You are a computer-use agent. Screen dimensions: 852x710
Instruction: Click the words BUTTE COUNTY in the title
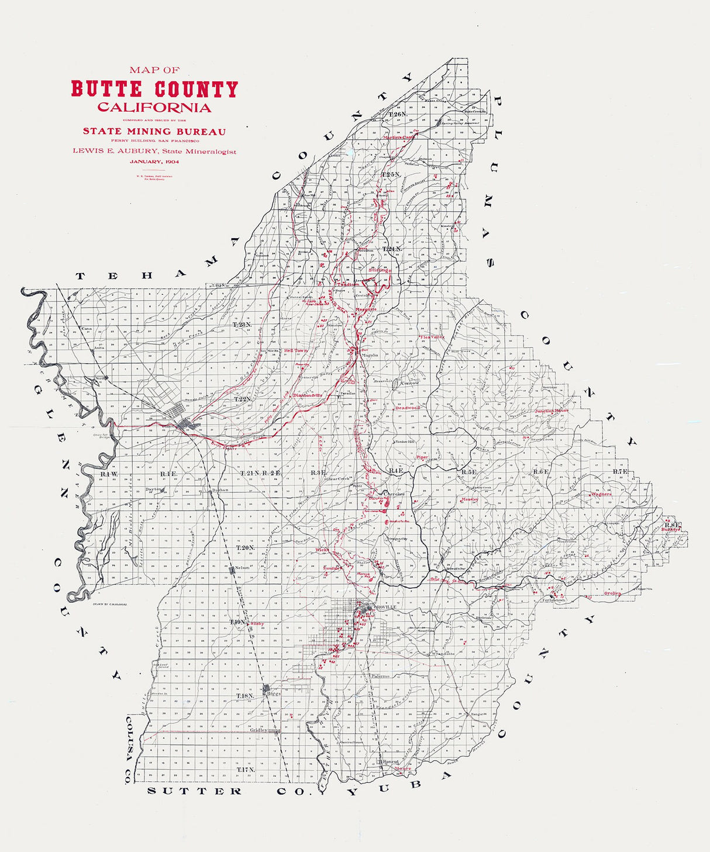(x=154, y=89)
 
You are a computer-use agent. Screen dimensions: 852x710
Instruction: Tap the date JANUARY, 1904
(x=154, y=161)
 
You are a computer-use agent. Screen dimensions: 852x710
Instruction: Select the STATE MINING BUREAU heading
(x=154, y=132)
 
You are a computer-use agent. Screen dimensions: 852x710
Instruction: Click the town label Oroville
(x=385, y=608)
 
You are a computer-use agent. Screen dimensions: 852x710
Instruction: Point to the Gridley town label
(x=259, y=730)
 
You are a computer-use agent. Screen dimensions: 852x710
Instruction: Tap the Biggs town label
(x=275, y=693)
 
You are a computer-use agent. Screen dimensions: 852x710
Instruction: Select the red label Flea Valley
(x=433, y=337)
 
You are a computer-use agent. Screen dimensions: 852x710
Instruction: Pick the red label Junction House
(x=552, y=411)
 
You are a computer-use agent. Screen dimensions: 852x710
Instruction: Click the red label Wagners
(x=601, y=494)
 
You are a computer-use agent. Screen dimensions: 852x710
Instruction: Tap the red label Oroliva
(x=613, y=593)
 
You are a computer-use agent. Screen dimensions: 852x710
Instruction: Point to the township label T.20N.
(x=246, y=547)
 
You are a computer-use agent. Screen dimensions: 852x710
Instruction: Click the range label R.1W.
(x=109, y=474)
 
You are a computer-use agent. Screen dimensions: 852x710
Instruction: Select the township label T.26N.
(x=398, y=114)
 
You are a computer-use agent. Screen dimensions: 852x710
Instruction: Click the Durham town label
(x=220, y=489)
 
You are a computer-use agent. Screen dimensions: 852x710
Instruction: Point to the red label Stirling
(x=380, y=270)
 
